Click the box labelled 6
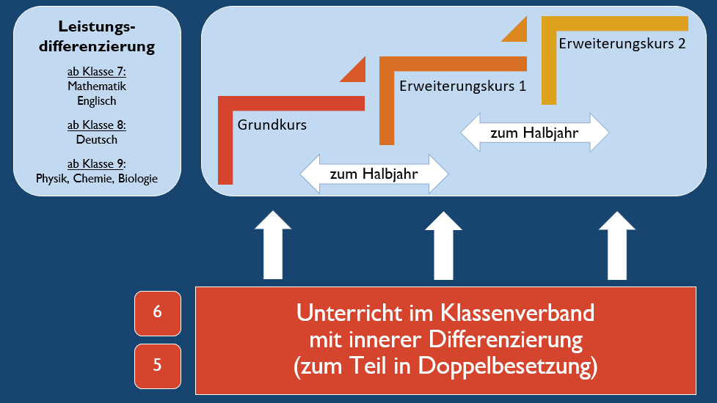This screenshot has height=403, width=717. (x=157, y=311)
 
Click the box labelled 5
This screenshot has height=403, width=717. (x=157, y=365)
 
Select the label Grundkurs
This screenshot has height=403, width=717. (x=272, y=125)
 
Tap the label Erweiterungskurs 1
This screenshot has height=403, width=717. (x=462, y=86)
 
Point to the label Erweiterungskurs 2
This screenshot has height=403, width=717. (x=622, y=43)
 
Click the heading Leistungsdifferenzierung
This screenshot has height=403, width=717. (x=97, y=37)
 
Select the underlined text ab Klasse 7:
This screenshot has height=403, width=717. (x=97, y=73)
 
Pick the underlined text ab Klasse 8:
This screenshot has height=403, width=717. (x=97, y=125)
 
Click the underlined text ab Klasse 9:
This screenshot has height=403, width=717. (x=97, y=163)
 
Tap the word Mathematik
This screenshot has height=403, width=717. (x=97, y=86)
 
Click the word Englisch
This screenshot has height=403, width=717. (x=97, y=101)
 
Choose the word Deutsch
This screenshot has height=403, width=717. (x=97, y=139)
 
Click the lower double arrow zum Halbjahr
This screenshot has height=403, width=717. (x=374, y=174)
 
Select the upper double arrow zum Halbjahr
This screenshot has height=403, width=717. (x=534, y=133)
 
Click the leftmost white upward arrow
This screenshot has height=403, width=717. (x=272, y=245)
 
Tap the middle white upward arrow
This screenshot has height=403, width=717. (x=444, y=245)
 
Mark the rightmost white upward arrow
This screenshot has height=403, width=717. (x=617, y=245)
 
